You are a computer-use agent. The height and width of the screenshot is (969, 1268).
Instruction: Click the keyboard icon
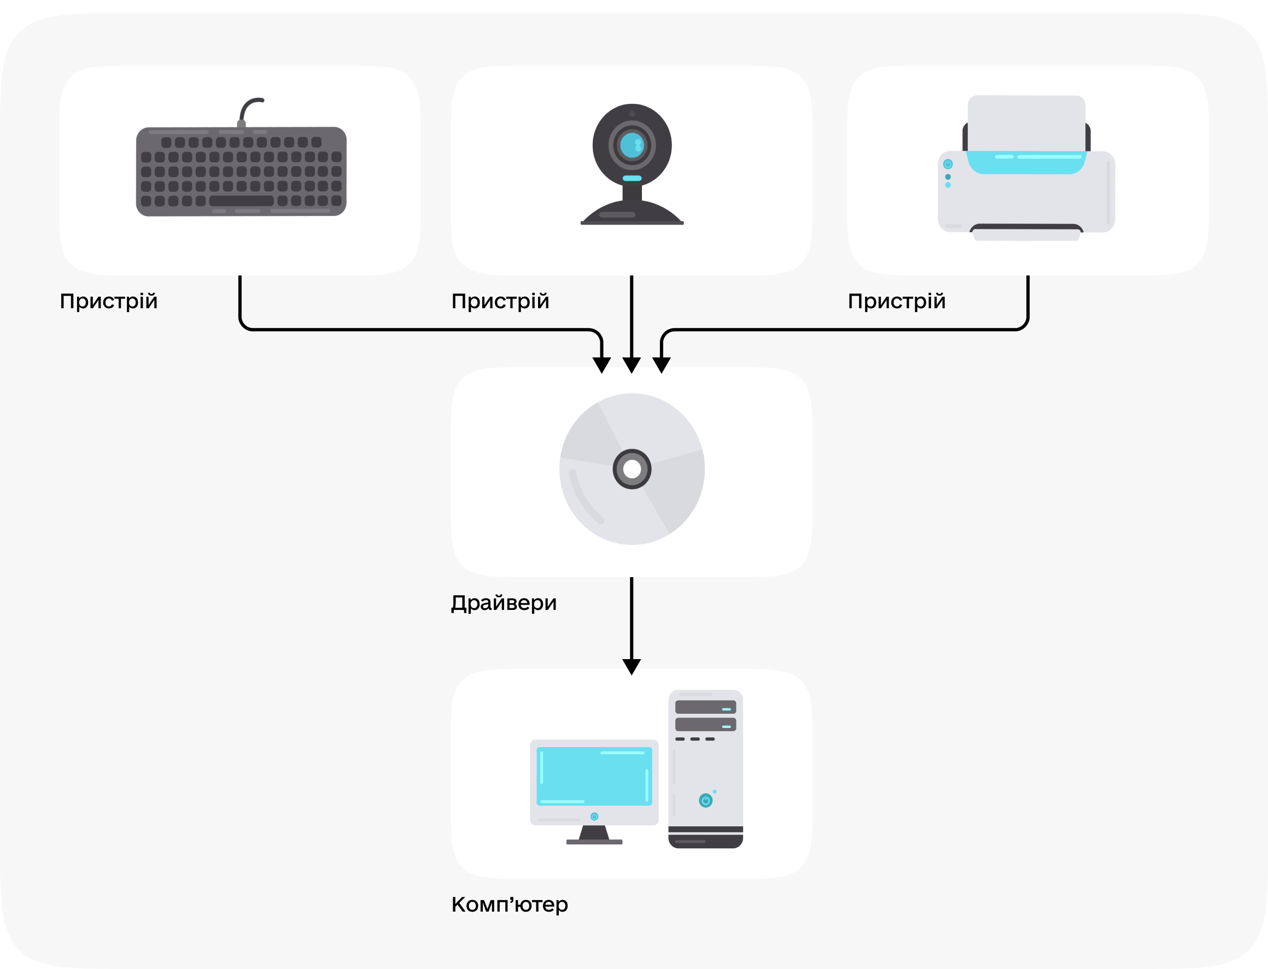click(x=241, y=171)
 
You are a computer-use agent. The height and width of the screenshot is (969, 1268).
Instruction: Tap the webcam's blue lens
click(x=631, y=145)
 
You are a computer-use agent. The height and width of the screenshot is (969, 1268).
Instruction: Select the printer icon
click(x=1026, y=168)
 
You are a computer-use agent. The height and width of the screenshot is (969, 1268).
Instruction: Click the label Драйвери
click(x=504, y=603)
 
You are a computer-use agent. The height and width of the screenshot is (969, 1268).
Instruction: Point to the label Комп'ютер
click(x=510, y=905)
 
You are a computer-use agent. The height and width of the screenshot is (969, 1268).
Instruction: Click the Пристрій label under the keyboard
click(x=108, y=301)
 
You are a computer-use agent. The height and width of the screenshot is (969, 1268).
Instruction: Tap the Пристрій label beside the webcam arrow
click(x=500, y=301)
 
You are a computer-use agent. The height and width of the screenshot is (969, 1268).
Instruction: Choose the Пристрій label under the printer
click(x=897, y=301)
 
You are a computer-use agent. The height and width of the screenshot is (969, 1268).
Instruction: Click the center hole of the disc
click(x=632, y=469)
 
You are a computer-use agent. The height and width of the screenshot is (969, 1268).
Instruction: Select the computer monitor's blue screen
click(x=594, y=776)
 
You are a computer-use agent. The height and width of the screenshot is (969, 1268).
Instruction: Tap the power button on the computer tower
click(x=705, y=800)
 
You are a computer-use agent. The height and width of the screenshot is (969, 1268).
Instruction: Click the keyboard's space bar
click(x=241, y=201)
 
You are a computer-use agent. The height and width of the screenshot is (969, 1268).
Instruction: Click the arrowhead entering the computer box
click(x=632, y=667)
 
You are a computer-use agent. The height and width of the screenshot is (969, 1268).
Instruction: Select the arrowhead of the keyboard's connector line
click(x=601, y=365)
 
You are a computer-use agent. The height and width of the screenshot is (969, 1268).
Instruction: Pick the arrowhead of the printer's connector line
click(x=662, y=365)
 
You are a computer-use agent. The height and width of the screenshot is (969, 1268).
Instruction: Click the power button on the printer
click(x=948, y=165)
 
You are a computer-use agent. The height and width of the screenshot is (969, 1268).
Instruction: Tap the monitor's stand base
click(x=594, y=842)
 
